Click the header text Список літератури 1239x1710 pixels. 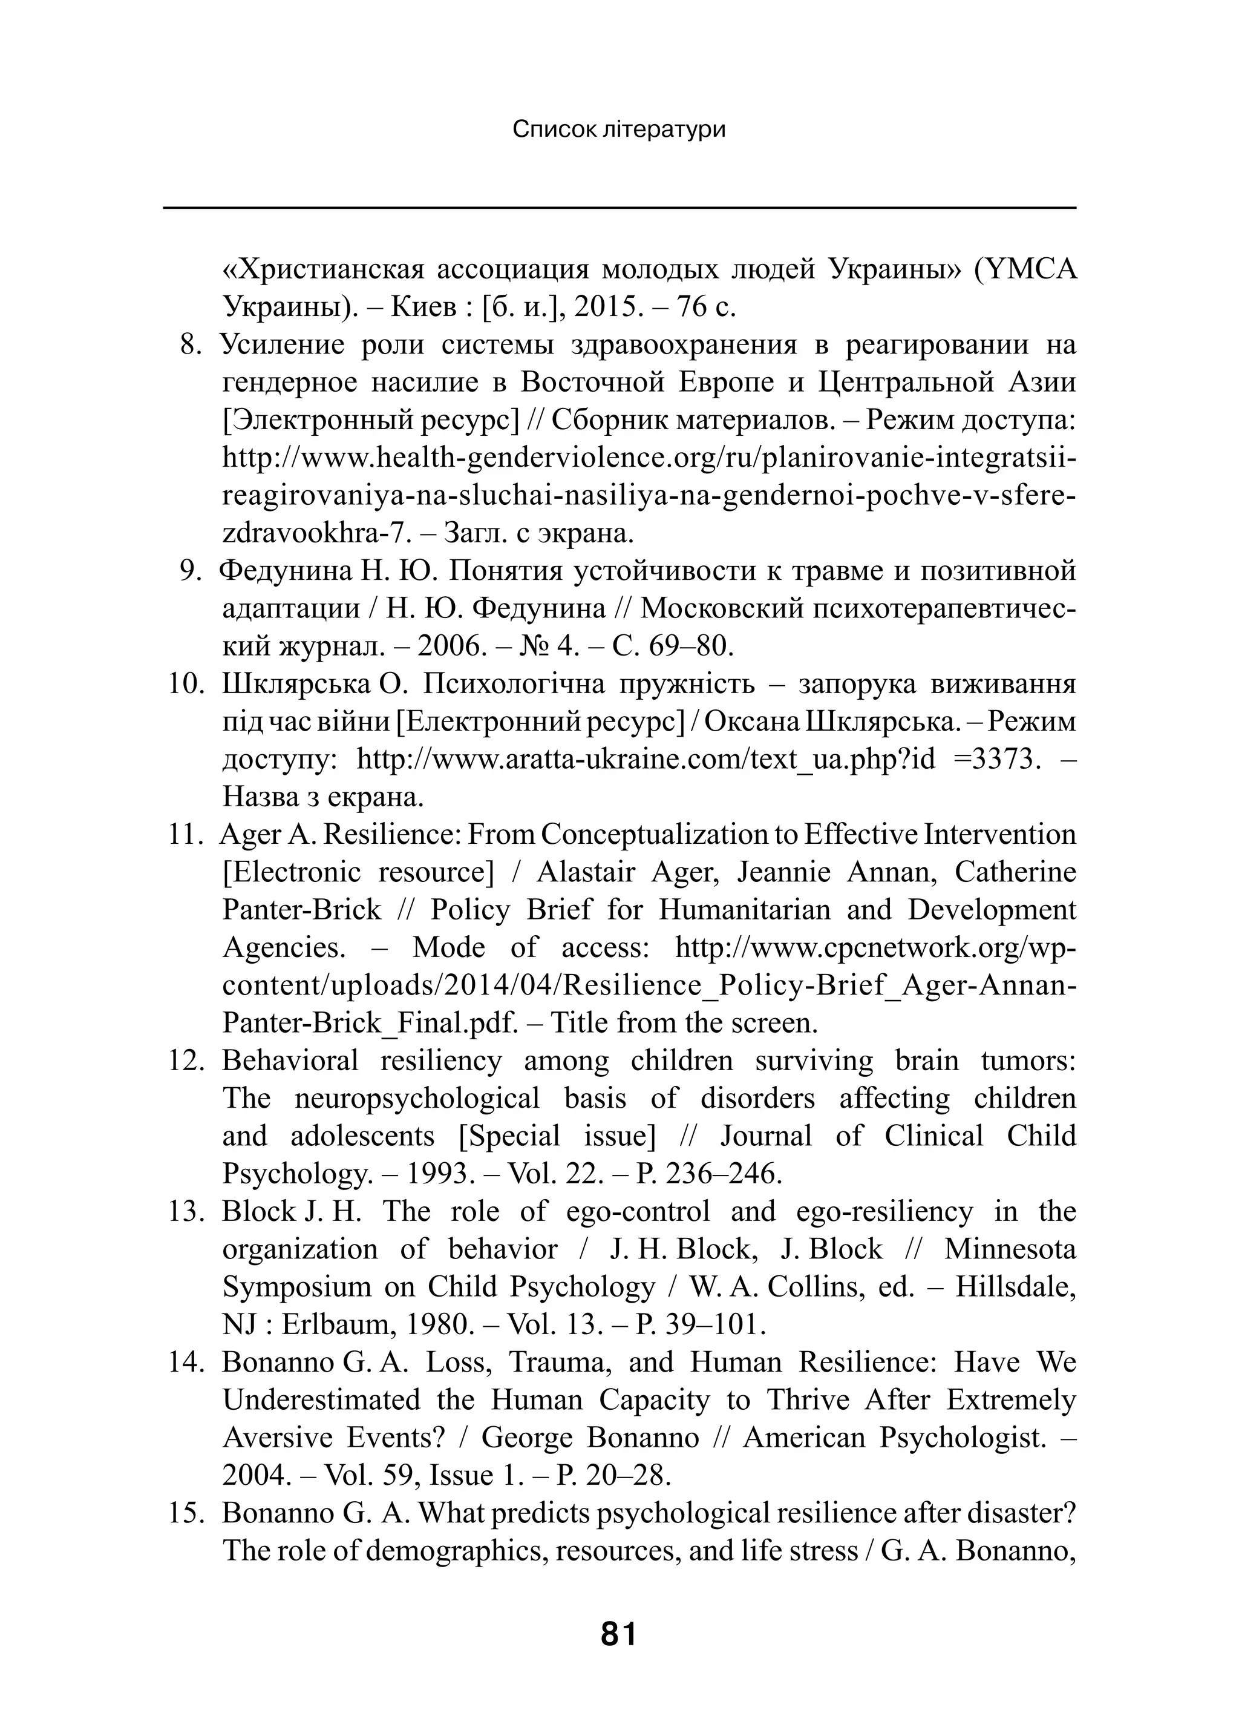(x=619, y=130)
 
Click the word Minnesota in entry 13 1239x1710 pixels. (x=1010, y=1249)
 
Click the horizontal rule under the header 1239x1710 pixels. (x=619, y=208)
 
